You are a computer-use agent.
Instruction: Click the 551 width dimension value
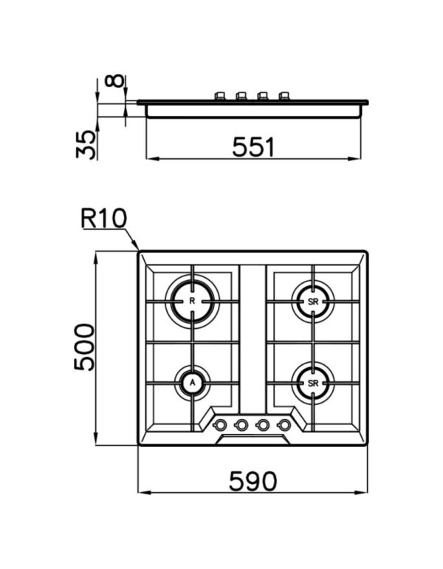[253, 146]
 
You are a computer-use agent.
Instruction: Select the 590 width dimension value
[253, 481]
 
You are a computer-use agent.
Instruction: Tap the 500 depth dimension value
[84, 347]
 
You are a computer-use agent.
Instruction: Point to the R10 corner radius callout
[104, 218]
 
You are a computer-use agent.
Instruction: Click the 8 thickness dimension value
[114, 81]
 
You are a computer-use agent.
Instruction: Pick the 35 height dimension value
[86, 145]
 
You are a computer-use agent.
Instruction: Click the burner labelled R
[192, 301]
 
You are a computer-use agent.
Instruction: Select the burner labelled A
[193, 382]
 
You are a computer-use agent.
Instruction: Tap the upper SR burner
[313, 301]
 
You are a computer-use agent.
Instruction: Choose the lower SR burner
[313, 384]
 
